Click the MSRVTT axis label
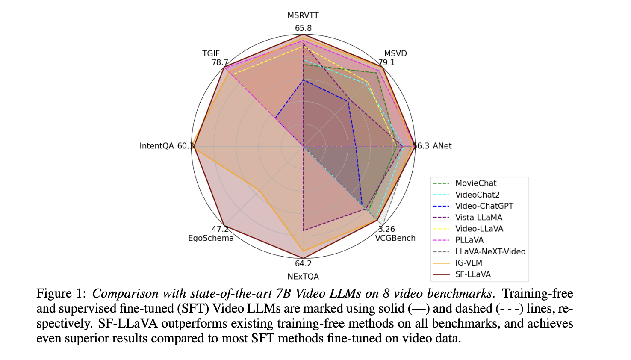(x=303, y=15)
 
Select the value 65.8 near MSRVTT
(x=303, y=28)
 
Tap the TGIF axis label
(x=211, y=53)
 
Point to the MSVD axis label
(x=395, y=53)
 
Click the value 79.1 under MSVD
(x=386, y=62)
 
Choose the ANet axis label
(x=442, y=146)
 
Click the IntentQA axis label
(x=156, y=146)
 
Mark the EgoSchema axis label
(x=211, y=238)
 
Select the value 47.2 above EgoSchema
(x=220, y=229)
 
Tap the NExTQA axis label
(x=303, y=277)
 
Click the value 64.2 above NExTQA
(x=303, y=264)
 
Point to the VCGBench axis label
(x=395, y=238)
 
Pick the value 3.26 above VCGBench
(x=386, y=229)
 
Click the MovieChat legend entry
(x=476, y=183)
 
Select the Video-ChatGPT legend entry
(x=484, y=206)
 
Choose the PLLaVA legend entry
(x=469, y=240)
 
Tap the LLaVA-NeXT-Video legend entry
(x=490, y=251)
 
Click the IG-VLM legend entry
(x=469, y=263)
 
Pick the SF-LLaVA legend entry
(x=473, y=274)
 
